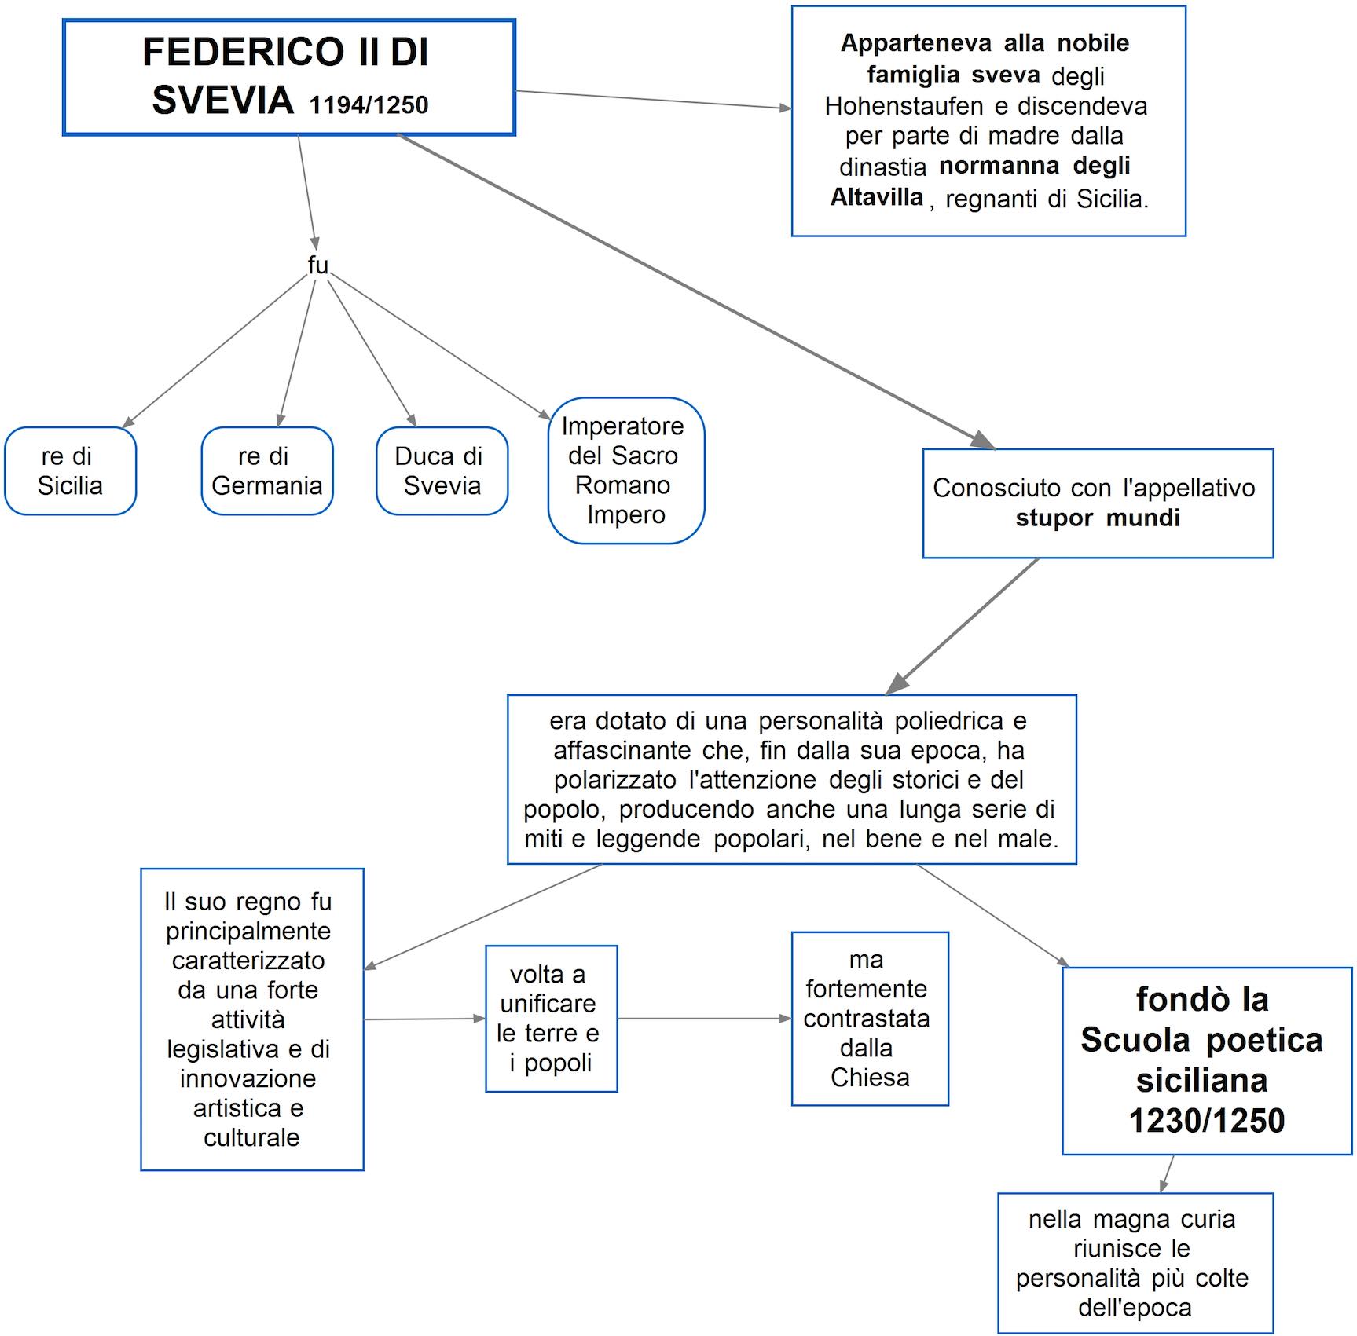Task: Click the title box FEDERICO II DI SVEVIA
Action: point(288,77)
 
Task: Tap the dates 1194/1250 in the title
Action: point(369,105)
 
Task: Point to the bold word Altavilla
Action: point(877,196)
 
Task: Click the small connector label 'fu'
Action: point(317,265)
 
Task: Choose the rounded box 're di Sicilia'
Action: point(70,471)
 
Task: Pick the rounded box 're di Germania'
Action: point(266,471)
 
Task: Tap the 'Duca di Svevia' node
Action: point(442,471)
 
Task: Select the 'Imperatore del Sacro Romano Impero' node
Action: point(625,470)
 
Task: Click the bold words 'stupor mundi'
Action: point(1097,518)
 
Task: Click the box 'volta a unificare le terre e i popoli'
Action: point(551,1019)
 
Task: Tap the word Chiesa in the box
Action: point(870,1078)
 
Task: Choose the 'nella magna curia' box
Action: point(1135,1263)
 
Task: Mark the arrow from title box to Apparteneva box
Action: point(652,100)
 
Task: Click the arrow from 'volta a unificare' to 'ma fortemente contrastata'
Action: point(704,1019)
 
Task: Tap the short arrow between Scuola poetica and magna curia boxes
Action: point(1168,1174)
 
